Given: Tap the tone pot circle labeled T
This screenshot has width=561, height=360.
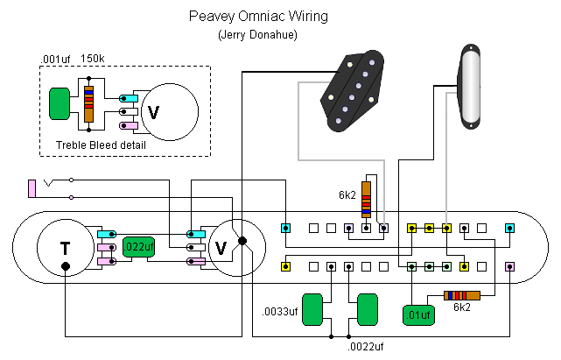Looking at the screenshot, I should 65,248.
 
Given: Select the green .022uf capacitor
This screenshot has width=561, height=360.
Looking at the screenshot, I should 138,248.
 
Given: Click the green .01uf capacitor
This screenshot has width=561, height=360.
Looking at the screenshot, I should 418,314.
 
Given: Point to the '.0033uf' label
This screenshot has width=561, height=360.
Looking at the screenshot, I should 280,312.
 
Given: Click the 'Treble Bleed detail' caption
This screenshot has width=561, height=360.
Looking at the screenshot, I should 101,145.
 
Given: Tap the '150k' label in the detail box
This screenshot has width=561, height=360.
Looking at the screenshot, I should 94,60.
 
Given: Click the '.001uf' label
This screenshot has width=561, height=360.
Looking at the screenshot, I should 57,60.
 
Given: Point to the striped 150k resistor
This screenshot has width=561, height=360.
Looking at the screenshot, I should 88,104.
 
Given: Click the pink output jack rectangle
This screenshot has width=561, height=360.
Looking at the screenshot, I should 32,187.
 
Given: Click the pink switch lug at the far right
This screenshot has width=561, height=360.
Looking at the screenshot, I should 509,265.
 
